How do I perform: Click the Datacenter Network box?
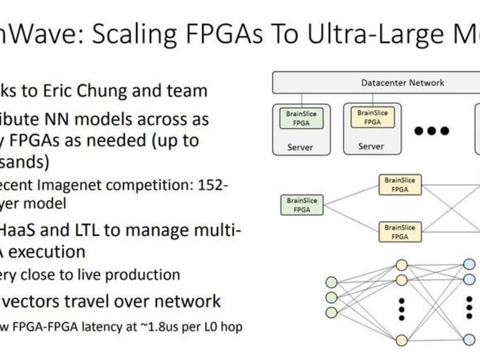[402, 82]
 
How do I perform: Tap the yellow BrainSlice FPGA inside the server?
[372, 118]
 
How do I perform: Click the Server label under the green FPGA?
[300, 148]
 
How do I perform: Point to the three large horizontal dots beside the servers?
[432, 131]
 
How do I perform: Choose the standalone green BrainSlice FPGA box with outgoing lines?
[302, 205]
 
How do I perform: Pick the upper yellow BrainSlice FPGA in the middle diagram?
[400, 184]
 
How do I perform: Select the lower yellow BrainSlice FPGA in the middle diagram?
[400, 232]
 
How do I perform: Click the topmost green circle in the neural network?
[332, 282]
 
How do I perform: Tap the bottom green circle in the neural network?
[332, 313]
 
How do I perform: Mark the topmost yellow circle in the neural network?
[401, 264]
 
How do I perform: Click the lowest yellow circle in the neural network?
[401, 339]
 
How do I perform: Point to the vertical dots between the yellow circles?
[401, 308]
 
